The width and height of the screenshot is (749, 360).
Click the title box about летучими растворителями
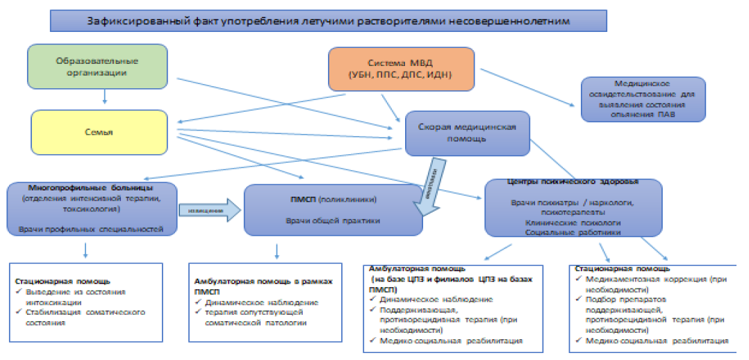328,21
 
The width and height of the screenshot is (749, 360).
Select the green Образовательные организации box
97,66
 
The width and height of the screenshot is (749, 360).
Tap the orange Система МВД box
402,67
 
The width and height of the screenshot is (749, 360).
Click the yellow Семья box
99,132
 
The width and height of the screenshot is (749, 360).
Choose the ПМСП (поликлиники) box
333,209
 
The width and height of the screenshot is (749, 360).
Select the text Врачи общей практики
332,221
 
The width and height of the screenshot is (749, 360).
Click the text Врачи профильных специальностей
91,229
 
